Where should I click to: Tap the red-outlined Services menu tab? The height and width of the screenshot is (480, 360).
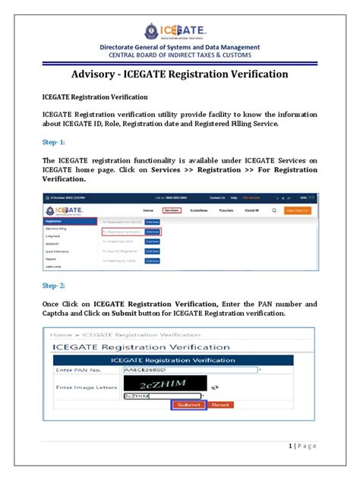click(172, 210)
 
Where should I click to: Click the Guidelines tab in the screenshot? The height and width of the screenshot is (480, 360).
click(199, 210)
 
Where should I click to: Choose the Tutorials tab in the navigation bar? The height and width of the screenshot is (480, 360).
click(226, 210)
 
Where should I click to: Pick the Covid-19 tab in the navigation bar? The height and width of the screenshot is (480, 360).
click(252, 210)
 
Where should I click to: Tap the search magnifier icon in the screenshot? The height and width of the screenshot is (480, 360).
click(273, 210)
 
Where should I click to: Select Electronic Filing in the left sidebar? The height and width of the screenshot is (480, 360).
click(58, 228)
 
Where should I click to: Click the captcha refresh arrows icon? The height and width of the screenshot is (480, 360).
click(214, 387)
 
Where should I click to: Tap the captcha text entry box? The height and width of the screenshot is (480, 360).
click(163, 396)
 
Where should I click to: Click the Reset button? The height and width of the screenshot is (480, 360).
click(220, 406)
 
